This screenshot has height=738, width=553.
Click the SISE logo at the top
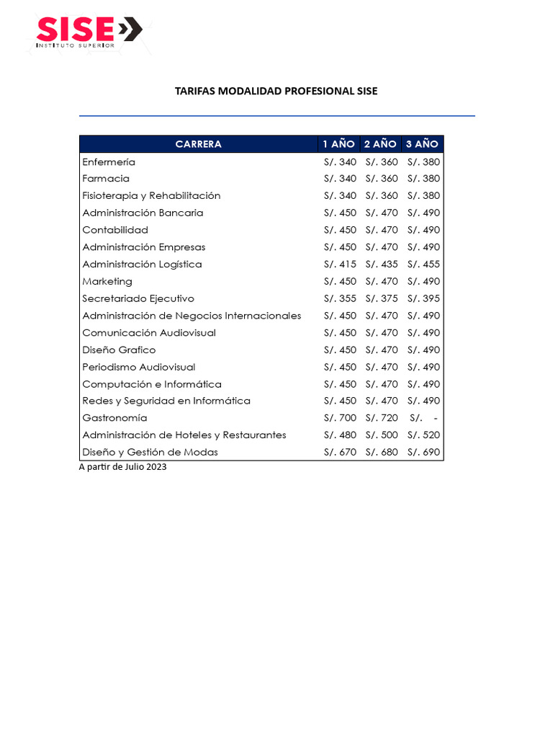point(88,31)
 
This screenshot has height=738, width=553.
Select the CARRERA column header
point(199,144)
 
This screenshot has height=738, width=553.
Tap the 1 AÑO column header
point(339,144)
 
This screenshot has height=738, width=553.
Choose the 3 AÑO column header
point(422,144)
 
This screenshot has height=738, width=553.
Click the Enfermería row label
point(109,162)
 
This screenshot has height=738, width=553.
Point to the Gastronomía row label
point(114,418)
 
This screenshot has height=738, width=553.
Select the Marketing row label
point(107,282)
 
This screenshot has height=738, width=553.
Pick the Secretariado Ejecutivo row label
point(138,298)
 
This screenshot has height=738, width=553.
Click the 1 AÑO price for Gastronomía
point(340,418)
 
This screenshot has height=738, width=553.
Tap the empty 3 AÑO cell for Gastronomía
point(423,418)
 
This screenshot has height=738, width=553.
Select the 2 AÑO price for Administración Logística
point(382,264)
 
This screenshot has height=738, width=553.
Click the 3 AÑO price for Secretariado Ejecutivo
point(423,298)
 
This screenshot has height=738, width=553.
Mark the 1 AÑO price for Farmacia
point(340,179)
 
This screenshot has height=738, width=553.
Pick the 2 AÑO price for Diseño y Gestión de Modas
point(382,453)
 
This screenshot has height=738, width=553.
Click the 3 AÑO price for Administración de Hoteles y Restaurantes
point(423,435)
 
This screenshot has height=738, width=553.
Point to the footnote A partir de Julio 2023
point(122,466)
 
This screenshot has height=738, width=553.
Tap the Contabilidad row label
point(115,230)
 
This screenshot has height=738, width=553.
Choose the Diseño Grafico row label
point(119,350)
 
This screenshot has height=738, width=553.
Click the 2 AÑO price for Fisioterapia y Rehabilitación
point(382,196)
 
